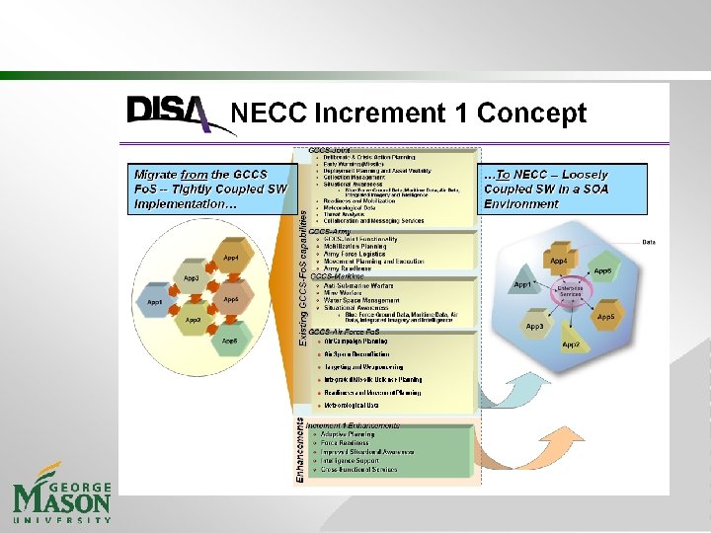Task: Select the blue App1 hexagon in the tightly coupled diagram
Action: (155, 301)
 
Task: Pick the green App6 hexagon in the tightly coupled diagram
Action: (229, 341)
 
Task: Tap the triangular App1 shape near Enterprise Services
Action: (522, 284)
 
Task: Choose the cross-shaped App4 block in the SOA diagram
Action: (559, 261)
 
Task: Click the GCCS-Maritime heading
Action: (337, 277)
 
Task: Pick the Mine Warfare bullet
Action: (347, 292)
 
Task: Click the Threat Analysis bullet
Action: (347, 213)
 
